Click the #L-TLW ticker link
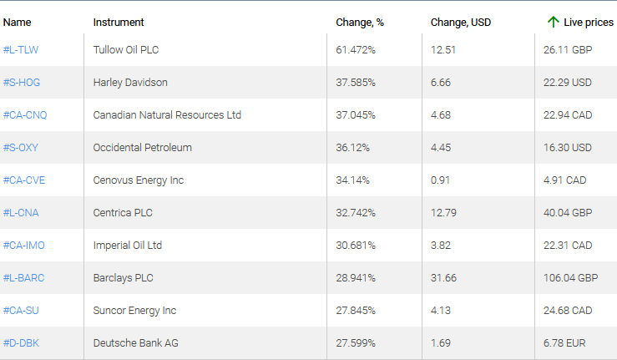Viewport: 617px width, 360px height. pyautogui.click(x=21, y=50)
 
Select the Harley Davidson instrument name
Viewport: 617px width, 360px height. pyautogui.click(x=130, y=83)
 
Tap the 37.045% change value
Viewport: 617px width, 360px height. pyautogui.click(x=356, y=115)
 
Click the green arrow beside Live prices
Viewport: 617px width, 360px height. pyautogui.click(x=553, y=23)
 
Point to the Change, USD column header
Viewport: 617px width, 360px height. pyautogui.click(x=460, y=23)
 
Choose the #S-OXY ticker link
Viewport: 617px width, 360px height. pyautogui.click(x=21, y=148)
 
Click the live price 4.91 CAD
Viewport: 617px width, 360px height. pyautogui.click(x=568, y=180)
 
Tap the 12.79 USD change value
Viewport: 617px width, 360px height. pyautogui.click(x=443, y=213)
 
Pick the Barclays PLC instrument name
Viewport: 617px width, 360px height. pyautogui.click(x=124, y=278)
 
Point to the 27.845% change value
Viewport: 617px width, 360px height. pyautogui.click(x=356, y=311)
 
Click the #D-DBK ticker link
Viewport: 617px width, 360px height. pyautogui.click(x=21, y=343)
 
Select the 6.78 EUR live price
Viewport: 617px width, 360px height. pyautogui.click(x=567, y=343)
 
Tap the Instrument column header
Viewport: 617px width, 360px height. pyautogui.click(x=119, y=23)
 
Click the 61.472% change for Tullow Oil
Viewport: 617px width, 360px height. pyautogui.click(x=356, y=50)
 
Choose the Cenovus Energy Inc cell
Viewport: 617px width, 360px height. pyautogui.click(x=139, y=180)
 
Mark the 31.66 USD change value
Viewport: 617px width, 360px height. pyautogui.click(x=443, y=278)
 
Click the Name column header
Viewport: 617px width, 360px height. pyautogui.click(x=17, y=23)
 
